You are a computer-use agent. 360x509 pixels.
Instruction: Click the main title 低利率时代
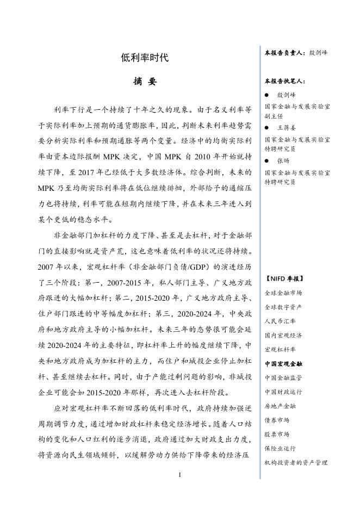(145, 58)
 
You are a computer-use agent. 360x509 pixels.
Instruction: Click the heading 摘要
(145, 82)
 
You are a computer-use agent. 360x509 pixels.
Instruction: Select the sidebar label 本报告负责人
(285, 53)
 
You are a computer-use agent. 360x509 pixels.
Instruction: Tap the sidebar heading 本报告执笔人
(285, 81)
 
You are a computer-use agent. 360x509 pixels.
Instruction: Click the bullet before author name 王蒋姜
(266, 127)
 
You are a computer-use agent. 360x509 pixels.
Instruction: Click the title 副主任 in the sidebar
(274, 116)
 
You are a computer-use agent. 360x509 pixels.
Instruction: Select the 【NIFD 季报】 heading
(284, 278)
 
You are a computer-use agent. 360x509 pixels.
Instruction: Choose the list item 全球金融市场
(283, 293)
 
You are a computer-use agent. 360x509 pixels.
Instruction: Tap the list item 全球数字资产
(283, 307)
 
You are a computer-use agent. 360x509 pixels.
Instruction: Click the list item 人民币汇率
(280, 321)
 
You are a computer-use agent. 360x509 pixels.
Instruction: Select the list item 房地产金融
(280, 406)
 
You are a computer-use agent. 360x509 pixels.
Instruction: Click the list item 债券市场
(277, 420)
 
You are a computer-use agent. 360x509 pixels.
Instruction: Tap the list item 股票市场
(277, 434)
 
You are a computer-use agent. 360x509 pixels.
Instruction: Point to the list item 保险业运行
(280, 448)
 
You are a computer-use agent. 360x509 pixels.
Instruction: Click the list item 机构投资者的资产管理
(296, 462)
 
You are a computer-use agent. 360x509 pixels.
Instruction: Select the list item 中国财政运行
(283, 392)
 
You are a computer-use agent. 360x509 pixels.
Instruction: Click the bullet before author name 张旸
(266, 160)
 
